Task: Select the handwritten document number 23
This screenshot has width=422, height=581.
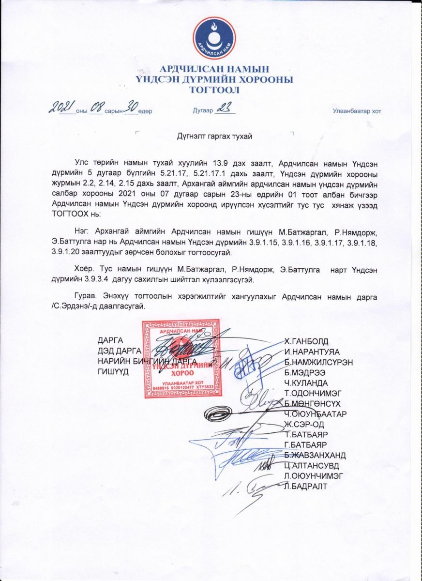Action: [224, 109]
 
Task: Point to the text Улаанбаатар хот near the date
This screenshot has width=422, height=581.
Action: [357, 111]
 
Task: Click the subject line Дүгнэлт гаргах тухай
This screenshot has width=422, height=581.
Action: [214, 137]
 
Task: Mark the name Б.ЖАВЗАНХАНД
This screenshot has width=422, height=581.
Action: [315, 455]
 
